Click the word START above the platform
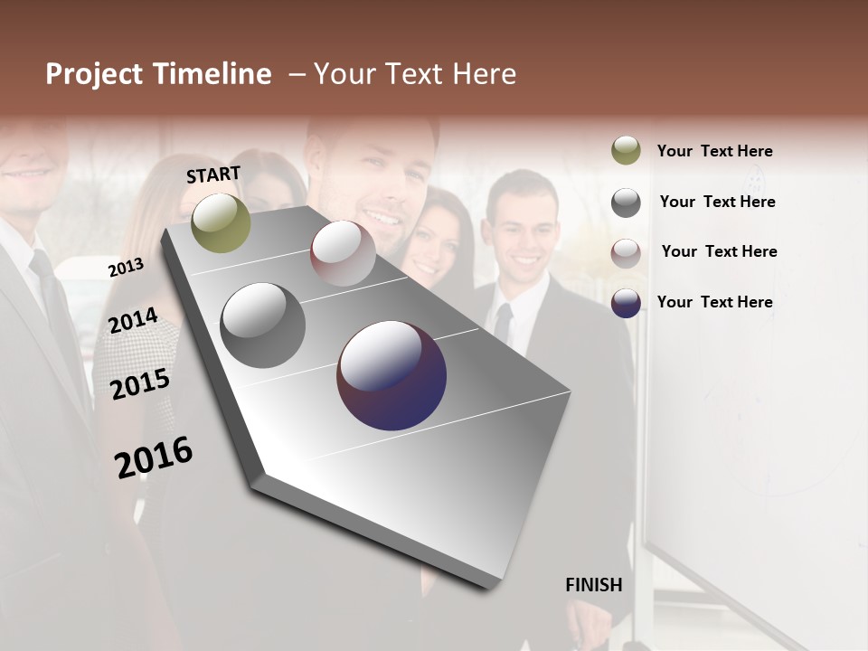pyautogui.click(x=213, y=175)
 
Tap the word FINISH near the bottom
pyautogui.click(x=593, y=585)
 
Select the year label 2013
pyautogui.click(x=126, y=268)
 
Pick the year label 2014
pyautogui.click(x=133, y=321)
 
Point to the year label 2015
pyautogui.click(x=140, y=384)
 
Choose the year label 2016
pyautogui.click(x=154, y=457)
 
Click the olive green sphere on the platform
pyautogui.click(x=221, y=222)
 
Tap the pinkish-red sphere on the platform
pyautogui.click(x=343, y=252)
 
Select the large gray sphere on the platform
pyautogui.click(x=262, y=325)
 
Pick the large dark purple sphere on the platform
pyautogui.click(x=392, y=375)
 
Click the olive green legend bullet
pyautogui.click(x=626, y=151)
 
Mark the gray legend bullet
pyautogui.click(x=626, y=203)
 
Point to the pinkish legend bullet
pyautogui.click(x=626, y=253)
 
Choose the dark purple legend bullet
pyautogui.click(x=626, y=303)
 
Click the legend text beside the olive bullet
pyautogui.click(x=714, y=151)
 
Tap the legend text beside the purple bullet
pyautogui.click(x=714, y=302)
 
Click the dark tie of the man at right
pyautogui.click(x=503, y=325)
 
